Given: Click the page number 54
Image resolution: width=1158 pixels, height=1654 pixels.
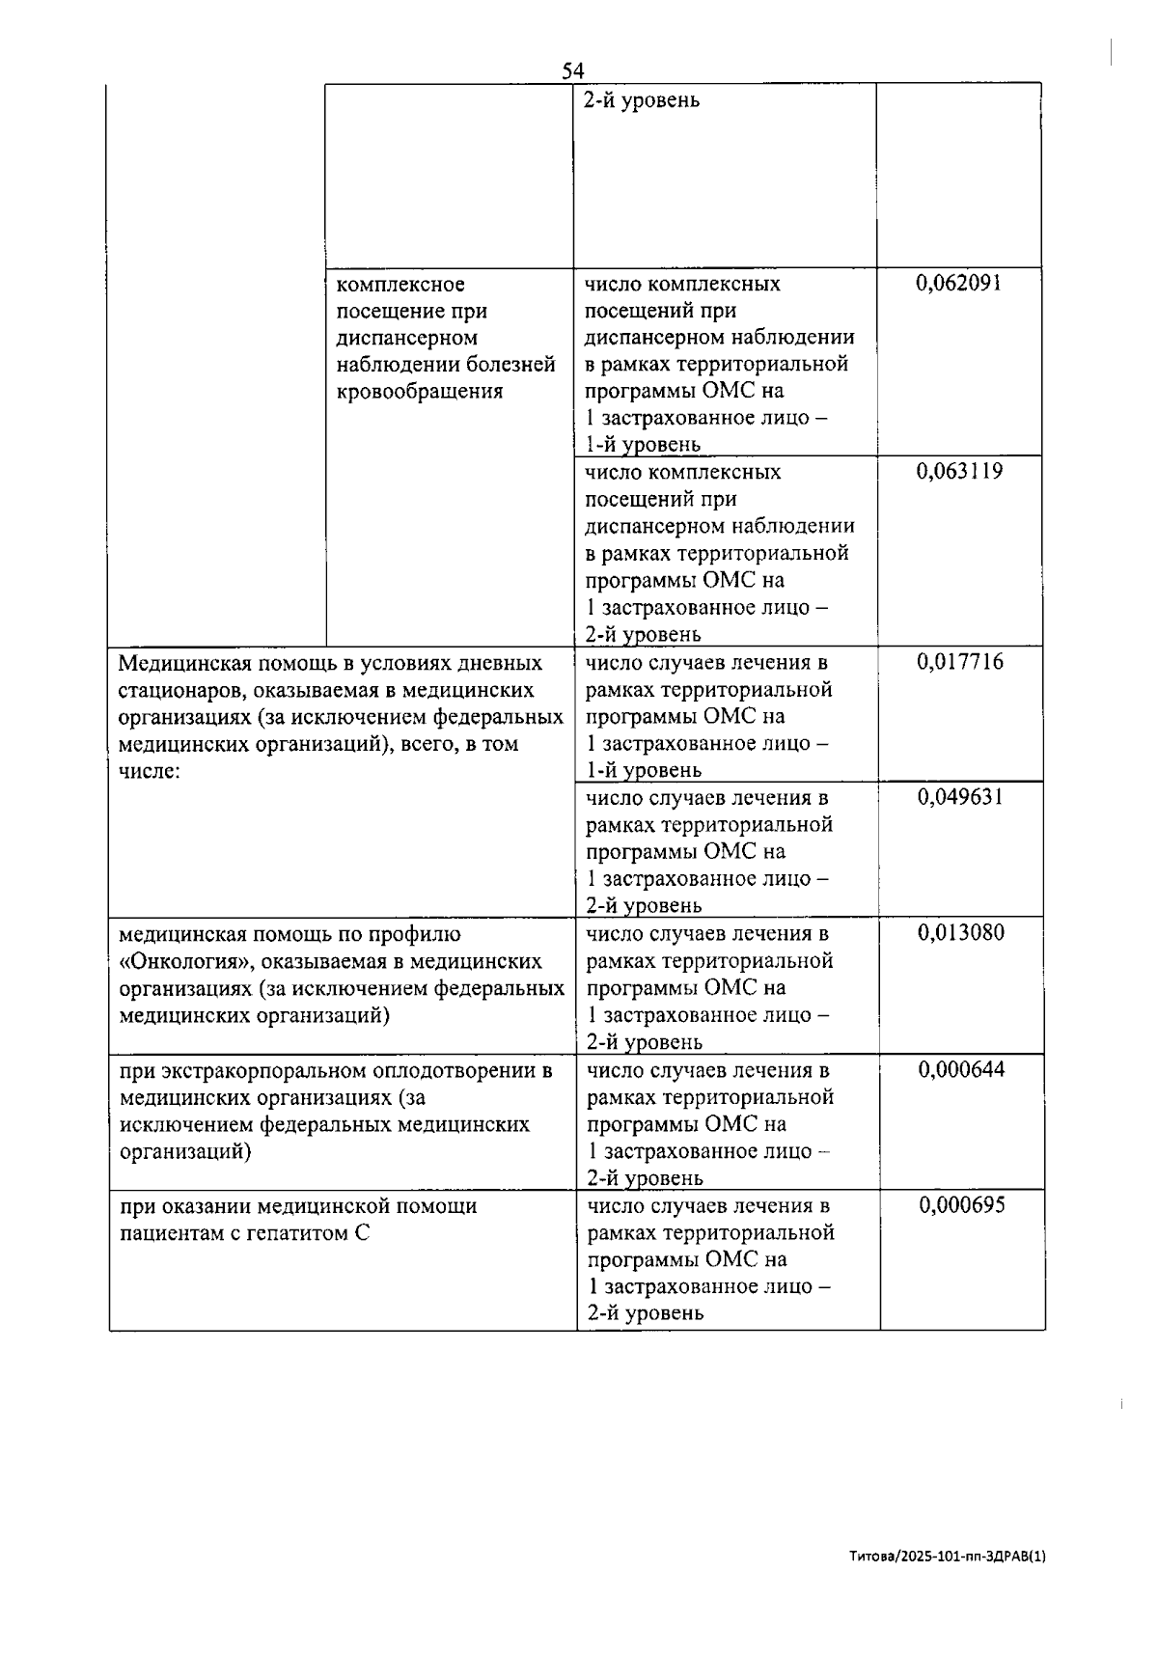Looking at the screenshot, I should coord(573,70).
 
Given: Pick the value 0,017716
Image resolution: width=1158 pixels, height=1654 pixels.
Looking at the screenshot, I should coord(960,661).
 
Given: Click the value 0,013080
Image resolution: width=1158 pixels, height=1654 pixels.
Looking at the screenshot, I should coord(960,932).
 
